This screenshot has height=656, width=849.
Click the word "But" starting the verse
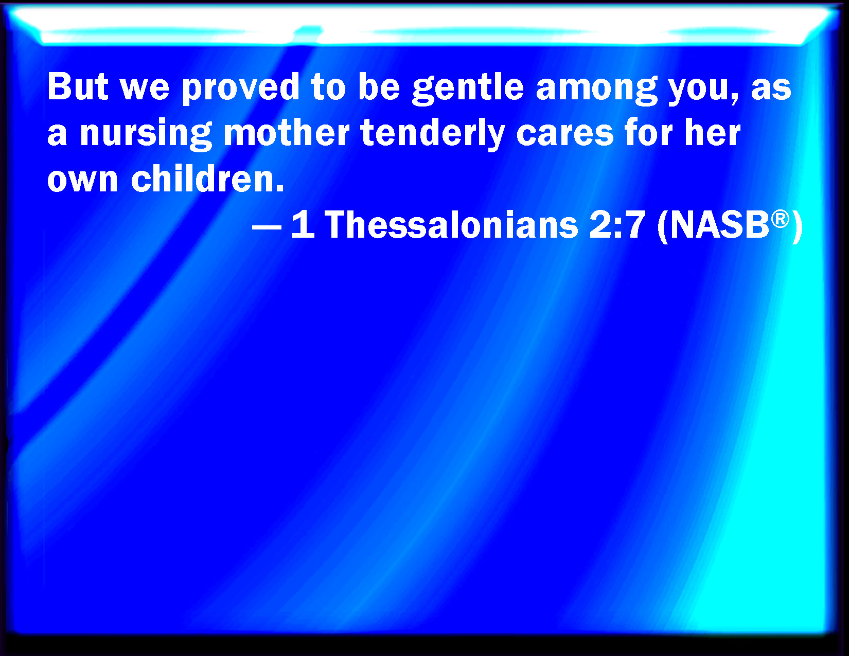tap(78, 86)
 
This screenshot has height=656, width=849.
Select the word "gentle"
tap(468, 88)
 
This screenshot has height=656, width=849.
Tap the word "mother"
tap(287, 132)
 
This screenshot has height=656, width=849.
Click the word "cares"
tap(565, 135)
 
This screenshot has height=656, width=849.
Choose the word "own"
tap(82, 180)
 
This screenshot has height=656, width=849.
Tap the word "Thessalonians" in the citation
tap(451, 224)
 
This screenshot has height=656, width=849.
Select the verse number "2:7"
tap(617, 225)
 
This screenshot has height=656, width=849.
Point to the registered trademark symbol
tap(780, 219)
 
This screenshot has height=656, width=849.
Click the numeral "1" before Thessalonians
tap(303, 224)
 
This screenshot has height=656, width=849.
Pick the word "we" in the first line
tap(145, 90)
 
